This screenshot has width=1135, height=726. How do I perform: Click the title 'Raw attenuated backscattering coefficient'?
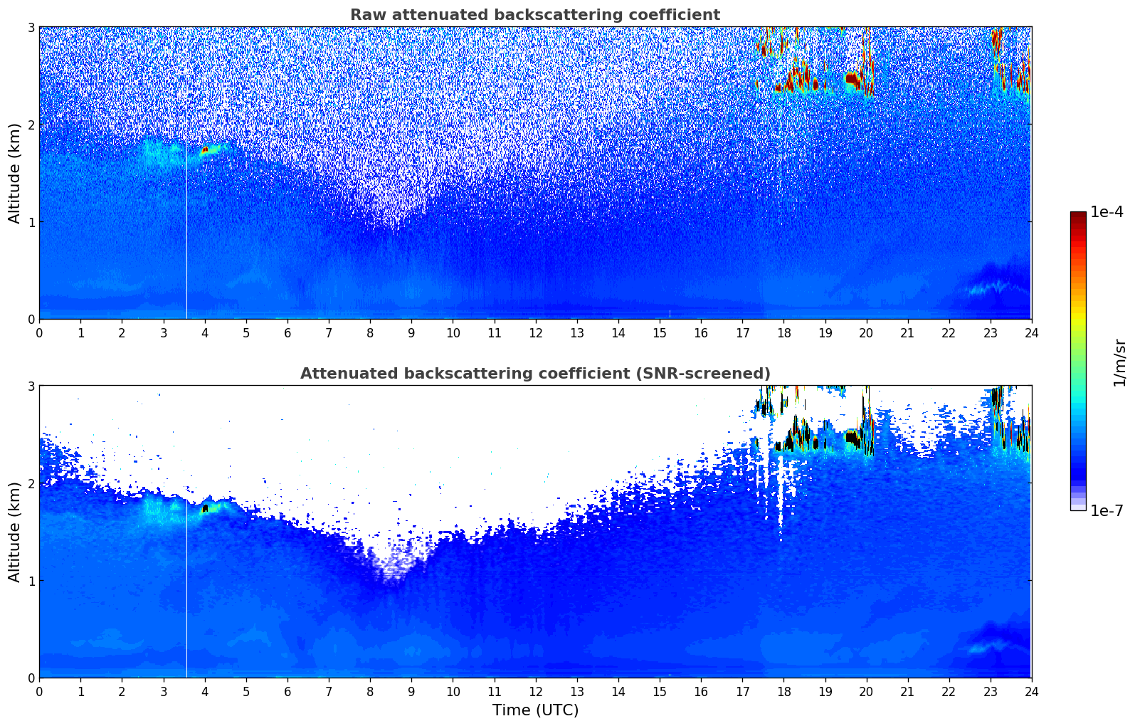(x=534, y=15)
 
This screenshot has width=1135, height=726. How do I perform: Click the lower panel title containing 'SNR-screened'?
(x=534, y=374)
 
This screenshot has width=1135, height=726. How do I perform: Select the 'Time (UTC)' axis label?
(x=535, y=710)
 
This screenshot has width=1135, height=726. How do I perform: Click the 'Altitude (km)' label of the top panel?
(x=14, y=173)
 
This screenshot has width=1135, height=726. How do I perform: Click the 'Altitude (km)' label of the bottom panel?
(x=14, y=532)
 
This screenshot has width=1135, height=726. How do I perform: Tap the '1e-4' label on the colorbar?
(x=1107, y=212)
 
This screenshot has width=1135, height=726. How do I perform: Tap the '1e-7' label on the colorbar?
(x=1107, y=510)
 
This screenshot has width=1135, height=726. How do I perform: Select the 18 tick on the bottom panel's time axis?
(x=783, y=691)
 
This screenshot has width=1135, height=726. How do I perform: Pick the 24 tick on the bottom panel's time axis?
(x=1031, y=691)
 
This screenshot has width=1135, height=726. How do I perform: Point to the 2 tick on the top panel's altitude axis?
(x=31, y=125)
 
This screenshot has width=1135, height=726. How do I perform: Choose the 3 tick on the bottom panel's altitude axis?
(x=31, y=386)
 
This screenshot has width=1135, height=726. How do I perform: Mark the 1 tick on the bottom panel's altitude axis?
(x=31, y=581)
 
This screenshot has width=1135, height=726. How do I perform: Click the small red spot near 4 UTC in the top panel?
(x=205, y=150)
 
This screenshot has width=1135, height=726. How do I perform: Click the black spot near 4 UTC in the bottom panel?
(x=205, y=509)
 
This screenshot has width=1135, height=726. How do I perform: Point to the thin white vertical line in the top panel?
(x=186, y=235)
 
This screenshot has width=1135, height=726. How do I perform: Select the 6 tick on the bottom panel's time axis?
(x=287, y=691)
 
